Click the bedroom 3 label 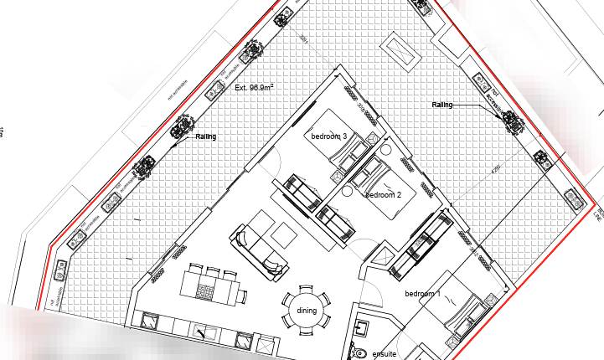329,136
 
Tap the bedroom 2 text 384,194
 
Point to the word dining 307,311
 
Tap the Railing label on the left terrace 206,136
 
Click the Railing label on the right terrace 442,105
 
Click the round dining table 306,311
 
